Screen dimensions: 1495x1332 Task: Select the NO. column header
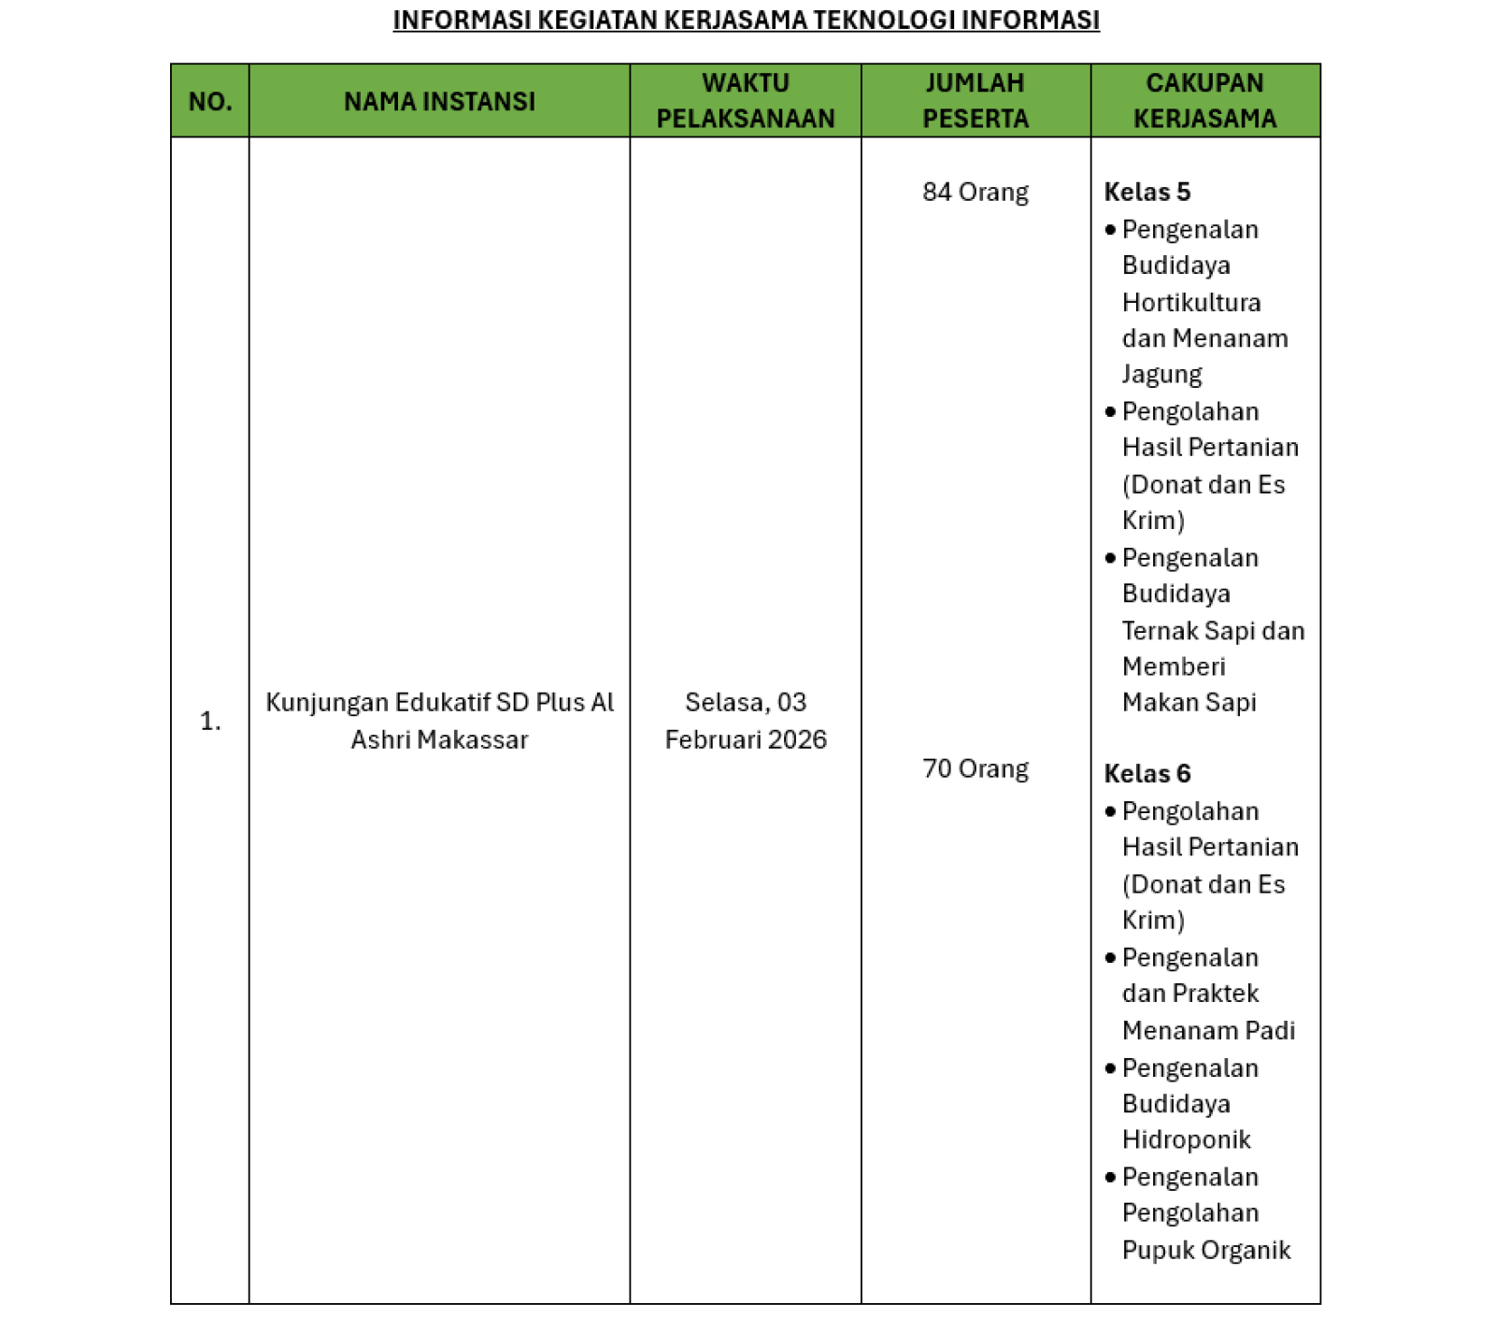(210, 101)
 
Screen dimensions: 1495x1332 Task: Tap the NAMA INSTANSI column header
(439, 101)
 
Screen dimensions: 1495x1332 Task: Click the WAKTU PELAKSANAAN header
(746, 101)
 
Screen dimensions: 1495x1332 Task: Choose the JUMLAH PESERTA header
(975, 101)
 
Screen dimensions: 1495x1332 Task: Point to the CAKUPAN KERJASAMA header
(1204, 101)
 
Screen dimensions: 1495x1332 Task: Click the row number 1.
(210, 721)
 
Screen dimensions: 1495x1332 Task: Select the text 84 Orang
(975, 192)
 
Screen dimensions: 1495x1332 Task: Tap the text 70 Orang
(975, 768)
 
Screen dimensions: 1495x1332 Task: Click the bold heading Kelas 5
(1146, 192)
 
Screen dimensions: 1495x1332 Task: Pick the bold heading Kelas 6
(1146, 773)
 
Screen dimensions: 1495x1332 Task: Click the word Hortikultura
(1191, 302)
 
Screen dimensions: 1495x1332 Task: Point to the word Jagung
(1161, 374)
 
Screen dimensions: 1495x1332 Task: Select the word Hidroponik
(1186, 1139)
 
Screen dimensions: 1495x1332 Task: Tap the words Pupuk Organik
(1205, 1250)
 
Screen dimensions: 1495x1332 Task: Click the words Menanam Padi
(1208, 1030)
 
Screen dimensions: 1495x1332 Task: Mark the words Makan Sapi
(1189, 702)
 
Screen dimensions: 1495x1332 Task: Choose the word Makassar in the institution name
(472, 739)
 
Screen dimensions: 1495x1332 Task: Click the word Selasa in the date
(722, 702)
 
